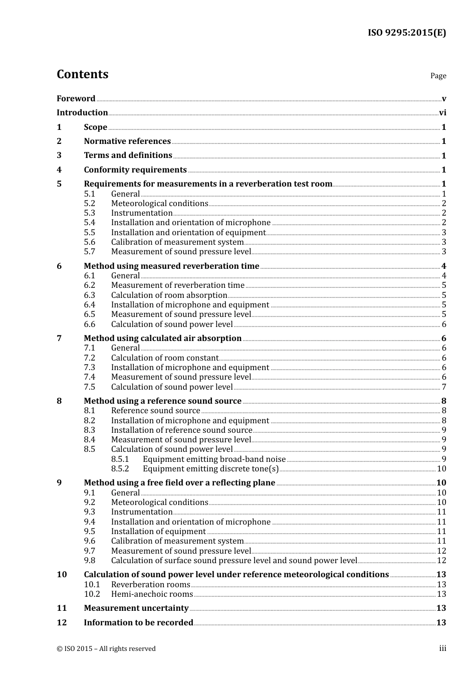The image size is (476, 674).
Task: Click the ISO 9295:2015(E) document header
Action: pyautogui.click(x=406, y=33)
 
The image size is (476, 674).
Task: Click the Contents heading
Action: pyautogui.click(x=82, y=74)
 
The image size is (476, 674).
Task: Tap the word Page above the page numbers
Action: pyautogui.click(x=438, y=76)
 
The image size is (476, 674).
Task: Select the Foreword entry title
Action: pyautogui.click(x=76, y=98)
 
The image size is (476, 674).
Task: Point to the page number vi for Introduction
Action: pyautogui.click(x=442, y=113)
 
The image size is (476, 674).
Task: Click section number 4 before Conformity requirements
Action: pyautogui.click(x=59, y=170)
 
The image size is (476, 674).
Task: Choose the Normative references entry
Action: pyautogui.click(x=127, y=141)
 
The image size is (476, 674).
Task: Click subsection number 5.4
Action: pyautogui.click(x=89, y=223)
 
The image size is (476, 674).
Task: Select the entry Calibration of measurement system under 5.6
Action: pyautogui.click(x=177, y=242)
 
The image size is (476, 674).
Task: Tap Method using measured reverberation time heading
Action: pyautogui.click(x=171, y=266)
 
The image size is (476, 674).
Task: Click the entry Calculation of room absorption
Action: pyautogui.click(x=169, y=295)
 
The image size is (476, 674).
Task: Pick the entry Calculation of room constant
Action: pyautogui.click(x=164, y=358)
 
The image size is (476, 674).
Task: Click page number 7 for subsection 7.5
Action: pyautogui.click(x=444, y=387)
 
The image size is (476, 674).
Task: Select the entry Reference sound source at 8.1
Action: pyautogui.click(x=155, y=411)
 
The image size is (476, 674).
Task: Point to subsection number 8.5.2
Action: pyautogui.click(x=120, y=469)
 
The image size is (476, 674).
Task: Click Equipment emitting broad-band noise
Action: pyautogui.click(x=214, y=459)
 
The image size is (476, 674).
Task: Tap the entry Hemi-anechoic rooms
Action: pyautogui.click(x=152, y=594)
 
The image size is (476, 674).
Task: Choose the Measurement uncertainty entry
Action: pyautogui.click(x=136, y=608)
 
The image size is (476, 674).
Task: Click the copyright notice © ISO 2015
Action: pyautogui.click(x=106, y=648)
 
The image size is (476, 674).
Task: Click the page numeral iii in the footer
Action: pyautogui.click(x=442, y=648)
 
